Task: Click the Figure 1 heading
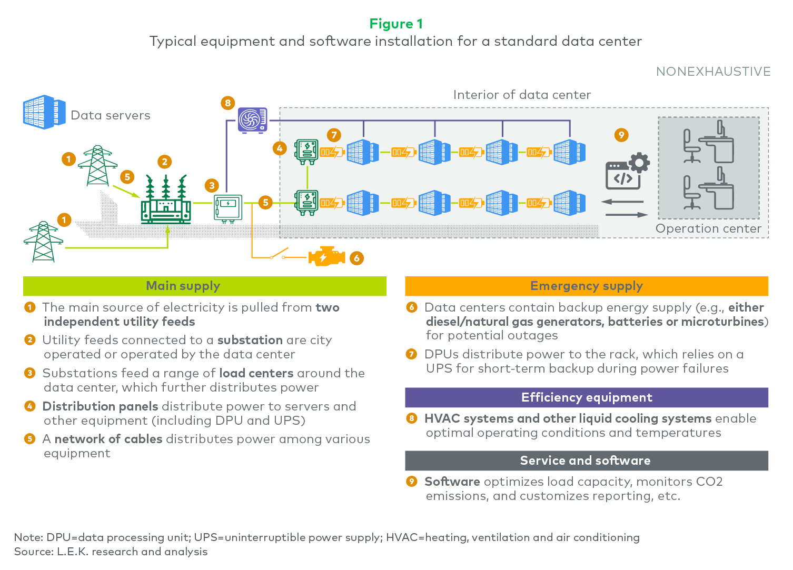click(x=396, y=24)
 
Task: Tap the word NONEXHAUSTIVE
click(x=713, y=72)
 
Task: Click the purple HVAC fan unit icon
click(x=252, y=121)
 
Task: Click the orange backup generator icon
click(x=326, y=256)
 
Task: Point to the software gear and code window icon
click(x=627, y=171)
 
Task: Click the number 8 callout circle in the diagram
click(x=227, y=103)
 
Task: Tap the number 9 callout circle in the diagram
click(x=621, y=135)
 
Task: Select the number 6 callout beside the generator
click(x=356, y=258)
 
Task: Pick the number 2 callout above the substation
click(x=165, y=162)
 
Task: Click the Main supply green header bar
click(x=205, y=286)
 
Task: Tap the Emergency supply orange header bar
click(x=587, y=286)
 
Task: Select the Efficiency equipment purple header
click(x=587, y=397)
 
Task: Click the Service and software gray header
click(x=587, y=461)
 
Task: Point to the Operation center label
click(x=708, y=228)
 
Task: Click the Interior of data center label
click(x=522, y=95)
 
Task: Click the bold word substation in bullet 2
click(x=250, y=340)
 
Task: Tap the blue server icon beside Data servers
click(x=44, y=112)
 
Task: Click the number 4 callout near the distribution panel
click(x=280, y=148)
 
